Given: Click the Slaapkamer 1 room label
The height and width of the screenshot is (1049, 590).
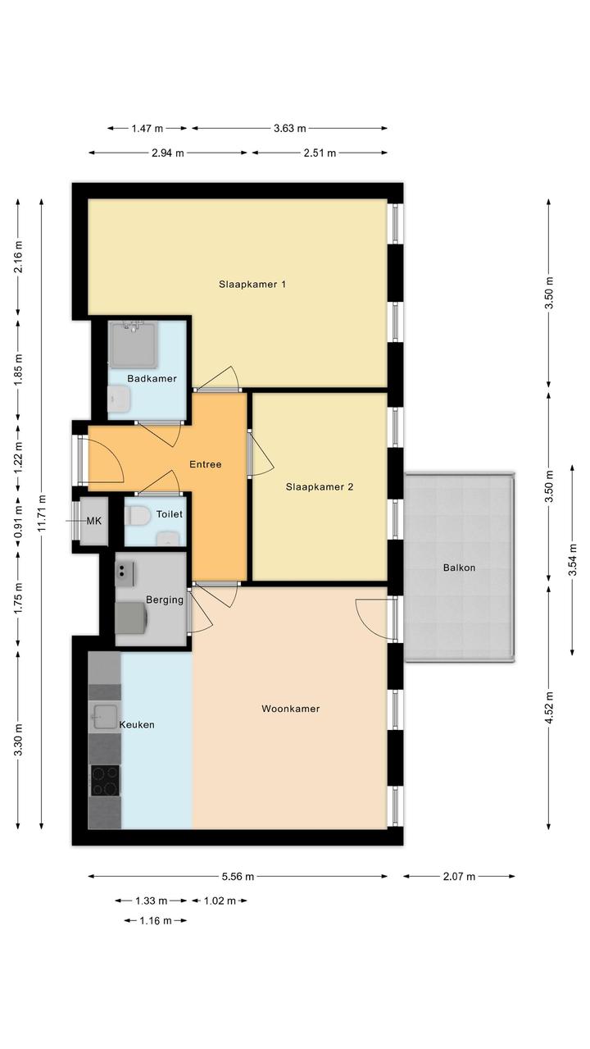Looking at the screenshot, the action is tap(252, 285).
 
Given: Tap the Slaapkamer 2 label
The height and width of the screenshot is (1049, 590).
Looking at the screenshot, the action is tap(320, 487).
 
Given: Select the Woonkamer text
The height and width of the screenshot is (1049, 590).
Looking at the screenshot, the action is tap(291, 709).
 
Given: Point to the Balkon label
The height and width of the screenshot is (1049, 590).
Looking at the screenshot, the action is tap(459, 568).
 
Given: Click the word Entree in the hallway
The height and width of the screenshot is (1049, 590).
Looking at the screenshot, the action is tap(206, 464).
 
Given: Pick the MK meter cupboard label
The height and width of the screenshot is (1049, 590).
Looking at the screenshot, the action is tap(94, 521).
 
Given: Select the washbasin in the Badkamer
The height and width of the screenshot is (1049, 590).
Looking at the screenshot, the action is tap(118, 399).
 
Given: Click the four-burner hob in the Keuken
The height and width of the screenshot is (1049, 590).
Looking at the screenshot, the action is tap(105, 781).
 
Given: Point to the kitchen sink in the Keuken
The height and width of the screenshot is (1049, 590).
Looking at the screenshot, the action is tap(105, 717).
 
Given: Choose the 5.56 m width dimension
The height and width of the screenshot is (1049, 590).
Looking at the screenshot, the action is tap(238, 877).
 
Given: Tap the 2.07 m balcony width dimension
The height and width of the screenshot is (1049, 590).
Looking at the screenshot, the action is tap(459, 877).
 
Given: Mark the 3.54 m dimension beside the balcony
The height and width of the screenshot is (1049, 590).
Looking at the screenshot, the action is tap(573, 559).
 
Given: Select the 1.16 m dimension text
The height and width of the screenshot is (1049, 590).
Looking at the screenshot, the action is tap(156, 921).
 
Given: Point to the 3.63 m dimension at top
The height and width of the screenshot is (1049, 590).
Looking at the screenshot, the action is tap(289, 128).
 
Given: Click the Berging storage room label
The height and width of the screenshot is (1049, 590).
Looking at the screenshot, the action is tap(165, 600).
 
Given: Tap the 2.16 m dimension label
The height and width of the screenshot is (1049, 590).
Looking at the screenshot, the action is tap(18, 256).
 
